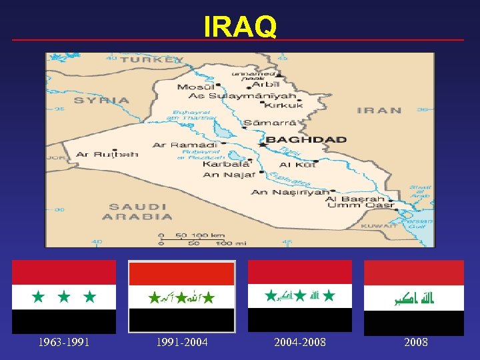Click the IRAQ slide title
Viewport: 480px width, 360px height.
(240, 27)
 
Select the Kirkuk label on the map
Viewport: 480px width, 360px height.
(283, 105)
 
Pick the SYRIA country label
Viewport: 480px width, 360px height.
(101, 101)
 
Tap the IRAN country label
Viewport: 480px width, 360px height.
(379, 111)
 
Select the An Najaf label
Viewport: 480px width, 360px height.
(229, 175)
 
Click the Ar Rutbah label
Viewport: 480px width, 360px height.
(107, 155)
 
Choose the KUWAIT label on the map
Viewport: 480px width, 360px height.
(379, 226)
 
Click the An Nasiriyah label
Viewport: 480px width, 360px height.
(290, 192)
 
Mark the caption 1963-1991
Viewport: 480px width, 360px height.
(64, 343)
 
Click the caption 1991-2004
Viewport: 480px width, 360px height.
(182, 343)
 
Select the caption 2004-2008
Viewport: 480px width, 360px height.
(300, 343)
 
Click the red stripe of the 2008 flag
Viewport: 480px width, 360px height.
(413, 273)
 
